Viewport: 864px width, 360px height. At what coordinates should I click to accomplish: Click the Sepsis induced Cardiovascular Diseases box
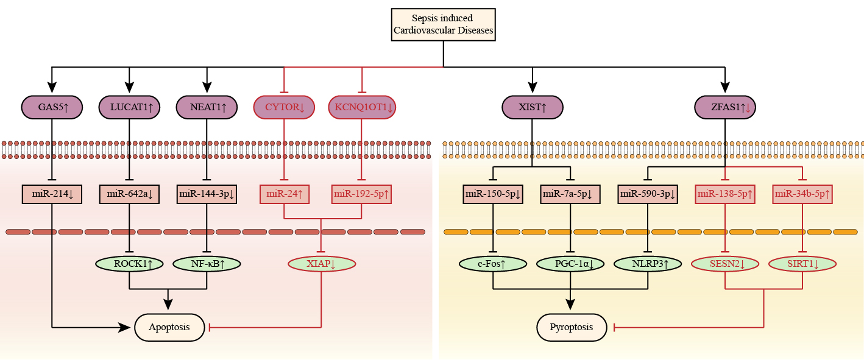(x=443, y=24)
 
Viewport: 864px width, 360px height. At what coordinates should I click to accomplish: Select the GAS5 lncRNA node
(x=52, y=107)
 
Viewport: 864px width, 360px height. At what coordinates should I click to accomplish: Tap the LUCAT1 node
(x=129, y=107)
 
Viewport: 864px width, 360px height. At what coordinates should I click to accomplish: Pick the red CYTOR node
(x=284, y=107)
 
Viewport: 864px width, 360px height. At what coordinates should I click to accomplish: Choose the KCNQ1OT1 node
(x=362, y=107)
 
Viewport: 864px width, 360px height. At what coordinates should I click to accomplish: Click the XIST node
(x=533, y=107)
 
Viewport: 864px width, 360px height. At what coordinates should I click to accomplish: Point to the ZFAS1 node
(x=724, y=107)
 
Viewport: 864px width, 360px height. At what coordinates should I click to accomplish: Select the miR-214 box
(x=52, y=195)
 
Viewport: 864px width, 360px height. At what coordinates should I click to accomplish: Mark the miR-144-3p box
(x=207, y=195)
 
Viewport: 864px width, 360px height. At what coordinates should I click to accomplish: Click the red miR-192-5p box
(x=362, y=195)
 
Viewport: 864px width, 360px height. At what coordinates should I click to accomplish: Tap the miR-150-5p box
(x=492, y=195)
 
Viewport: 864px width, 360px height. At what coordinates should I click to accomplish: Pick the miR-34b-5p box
(x=802, y=195)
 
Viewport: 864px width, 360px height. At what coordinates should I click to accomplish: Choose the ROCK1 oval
(x=129, y=264)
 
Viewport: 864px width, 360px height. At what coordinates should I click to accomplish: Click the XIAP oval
(x=321, y=264)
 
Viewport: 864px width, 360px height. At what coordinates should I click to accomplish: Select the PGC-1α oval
(x=571, y=264)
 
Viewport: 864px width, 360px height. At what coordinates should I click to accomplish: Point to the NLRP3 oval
(x=648, y=264)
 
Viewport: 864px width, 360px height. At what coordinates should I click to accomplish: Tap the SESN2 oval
(x=725, y=264)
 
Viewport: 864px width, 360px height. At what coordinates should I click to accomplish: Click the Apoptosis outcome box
(x=169, y=327)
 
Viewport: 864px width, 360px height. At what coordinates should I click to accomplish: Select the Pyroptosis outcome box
(x=572, y=327)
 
